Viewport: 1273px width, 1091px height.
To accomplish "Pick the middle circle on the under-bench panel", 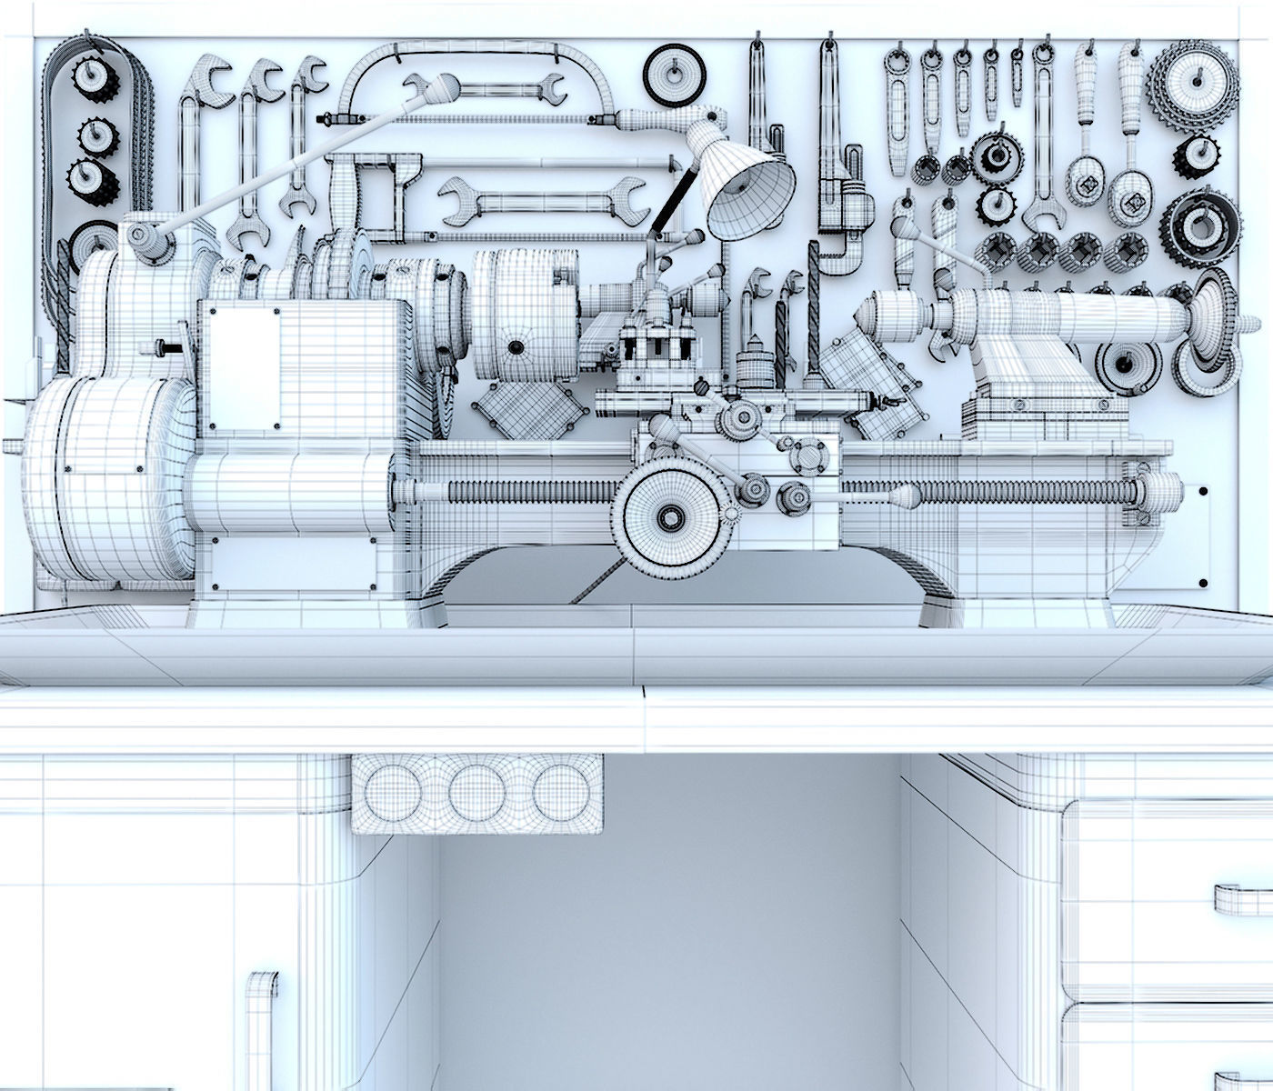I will [476, 789].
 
